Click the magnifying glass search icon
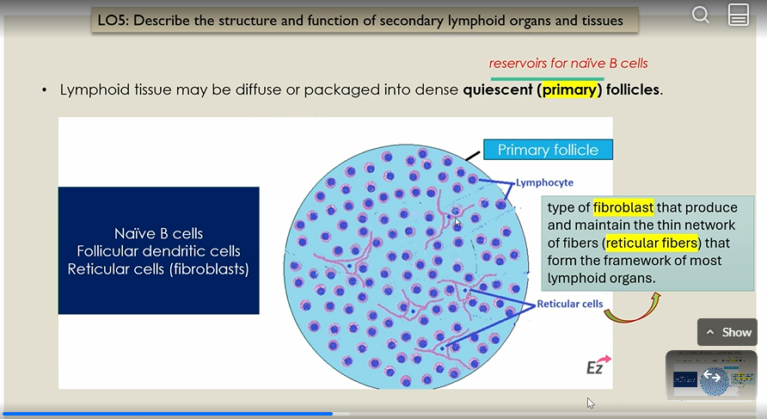coord(701,15)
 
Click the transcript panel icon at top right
coord(738,15)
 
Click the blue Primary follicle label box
coord(548,150)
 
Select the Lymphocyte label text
coord(544,182)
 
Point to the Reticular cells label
coord(570,304)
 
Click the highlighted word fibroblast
coord(623,207)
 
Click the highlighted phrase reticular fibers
coord(653,243)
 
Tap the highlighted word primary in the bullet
coord(569,89)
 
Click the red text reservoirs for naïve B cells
coord(568,63)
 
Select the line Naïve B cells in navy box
coord(158,234)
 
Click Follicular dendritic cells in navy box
coord(158,251)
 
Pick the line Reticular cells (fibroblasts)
coord(158,268)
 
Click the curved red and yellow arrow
coord(632,309)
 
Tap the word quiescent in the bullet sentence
coord(498,89)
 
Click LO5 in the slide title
coord(115,20)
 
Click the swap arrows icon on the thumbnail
coord(712,376)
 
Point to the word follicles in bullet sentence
coord(634,89)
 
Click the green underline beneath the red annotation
coord(547,77)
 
